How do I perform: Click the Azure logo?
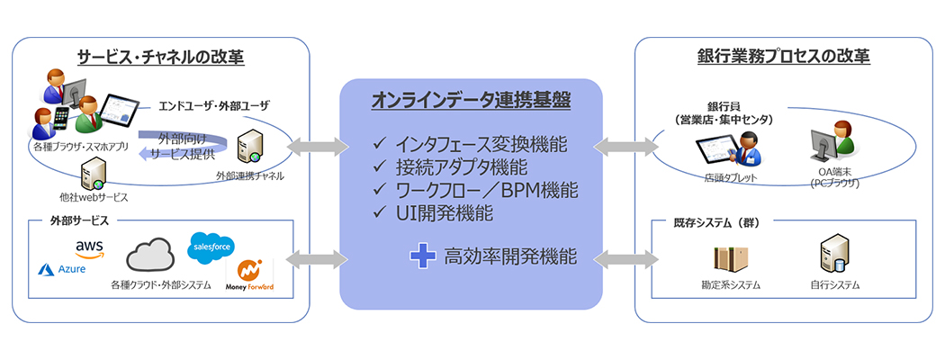point(59,269)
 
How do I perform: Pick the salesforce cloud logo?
point(212,247)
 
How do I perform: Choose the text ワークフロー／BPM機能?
point(487,191)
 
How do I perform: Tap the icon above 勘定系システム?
point(730,257)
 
